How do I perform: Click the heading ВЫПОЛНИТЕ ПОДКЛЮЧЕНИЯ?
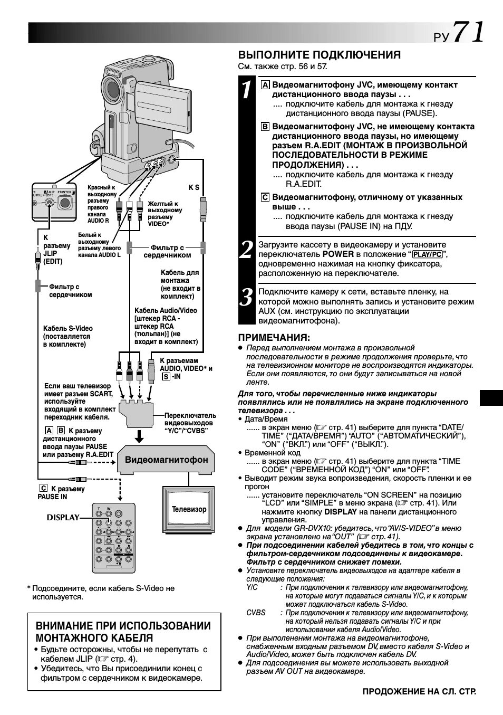tap(319, 55)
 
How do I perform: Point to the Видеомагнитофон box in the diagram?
tap(166, 460)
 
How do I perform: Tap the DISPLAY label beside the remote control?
tap(63, 517)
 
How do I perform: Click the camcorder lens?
tap(112, 89)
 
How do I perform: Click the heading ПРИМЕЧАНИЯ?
tap(274, 338)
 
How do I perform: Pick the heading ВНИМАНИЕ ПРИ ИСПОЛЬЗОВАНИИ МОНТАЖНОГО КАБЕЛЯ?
tap(123, 632)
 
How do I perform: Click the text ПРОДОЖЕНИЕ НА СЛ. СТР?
tap(419, 691)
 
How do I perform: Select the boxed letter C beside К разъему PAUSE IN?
tap(43, 489)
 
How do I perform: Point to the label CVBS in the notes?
tap(256, 613)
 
